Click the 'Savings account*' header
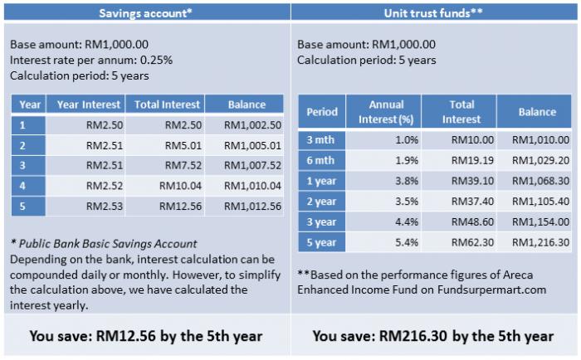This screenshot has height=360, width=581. [145, 13]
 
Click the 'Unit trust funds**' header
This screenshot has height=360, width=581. [433, 13]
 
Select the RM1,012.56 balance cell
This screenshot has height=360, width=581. [252, 207]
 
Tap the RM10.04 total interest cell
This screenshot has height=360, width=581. [180, 186]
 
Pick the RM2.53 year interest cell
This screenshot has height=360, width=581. [105, 207]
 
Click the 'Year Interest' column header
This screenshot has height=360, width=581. [89, 105]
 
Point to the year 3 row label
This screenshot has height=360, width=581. [22, 166]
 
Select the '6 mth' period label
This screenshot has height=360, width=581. [320, 160]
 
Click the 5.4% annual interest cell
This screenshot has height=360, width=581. [407, 242]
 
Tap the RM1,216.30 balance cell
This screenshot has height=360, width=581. [540, 242]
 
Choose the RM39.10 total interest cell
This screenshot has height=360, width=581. [472, 181]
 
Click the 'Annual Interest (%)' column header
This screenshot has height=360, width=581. [386, 112]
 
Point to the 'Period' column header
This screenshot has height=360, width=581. [322, 112]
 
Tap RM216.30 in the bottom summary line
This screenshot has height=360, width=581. [413, 336]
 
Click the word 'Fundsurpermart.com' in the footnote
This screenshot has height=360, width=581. [491, 289]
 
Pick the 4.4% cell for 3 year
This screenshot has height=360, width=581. [407, 222]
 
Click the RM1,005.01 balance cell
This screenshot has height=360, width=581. [252, 145]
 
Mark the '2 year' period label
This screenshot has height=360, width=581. [321, 202]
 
